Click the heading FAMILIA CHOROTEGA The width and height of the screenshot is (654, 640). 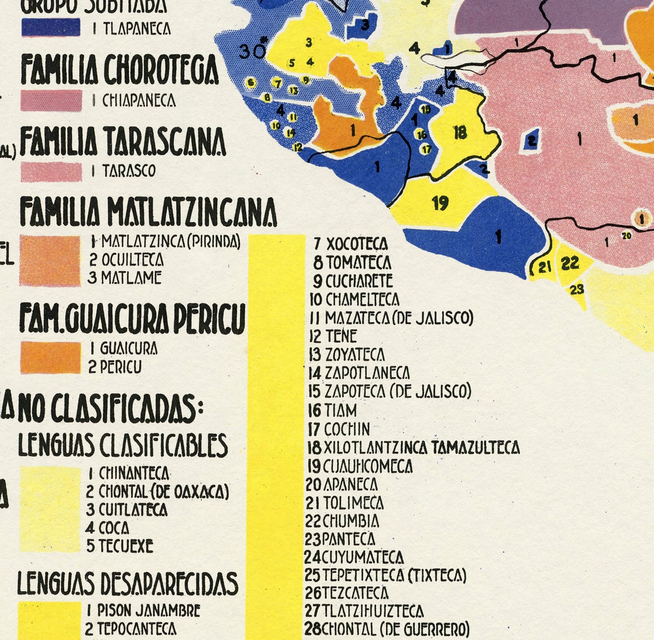click(120, 70)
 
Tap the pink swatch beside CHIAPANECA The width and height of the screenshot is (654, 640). click(51, 100)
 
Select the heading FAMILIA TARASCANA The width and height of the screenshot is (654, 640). click(123, 142)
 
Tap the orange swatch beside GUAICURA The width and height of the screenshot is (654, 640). click(50, 357)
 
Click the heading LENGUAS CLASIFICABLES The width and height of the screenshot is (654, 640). click(123, 444)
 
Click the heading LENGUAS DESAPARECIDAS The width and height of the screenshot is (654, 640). click(127, 583)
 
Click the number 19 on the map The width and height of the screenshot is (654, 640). click(440, 203)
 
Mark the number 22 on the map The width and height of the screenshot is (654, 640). click(570, 263)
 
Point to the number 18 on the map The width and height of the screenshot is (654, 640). click(460, 132)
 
